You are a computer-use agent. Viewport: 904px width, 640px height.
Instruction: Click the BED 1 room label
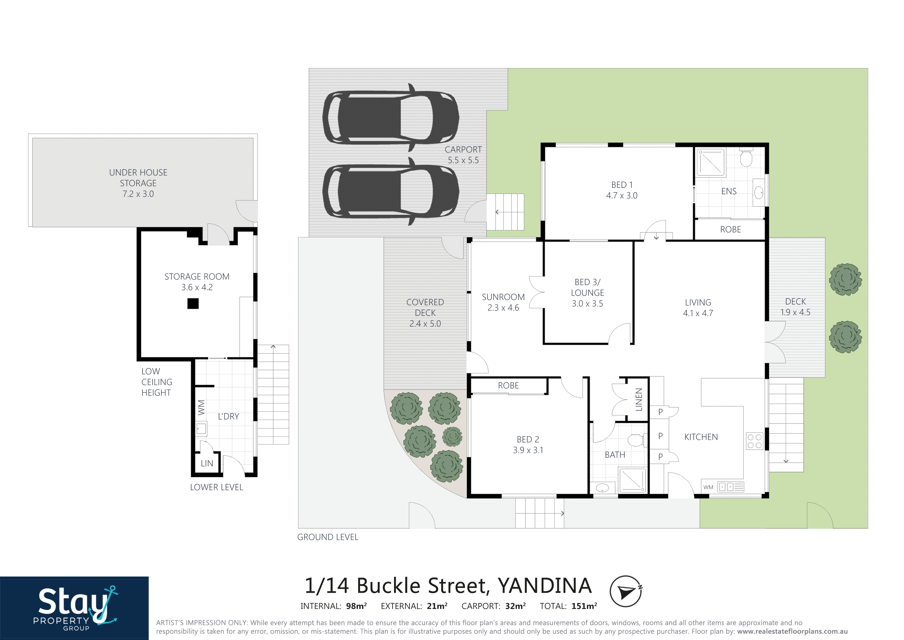click(622, 185)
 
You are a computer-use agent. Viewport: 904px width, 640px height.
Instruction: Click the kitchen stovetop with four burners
click(754, 441)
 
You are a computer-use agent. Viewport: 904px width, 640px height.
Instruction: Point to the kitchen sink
click(730, 487)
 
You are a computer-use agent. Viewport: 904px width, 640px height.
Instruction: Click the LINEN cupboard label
click(639, 400)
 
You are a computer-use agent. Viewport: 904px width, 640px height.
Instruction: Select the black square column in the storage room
click(193, 303)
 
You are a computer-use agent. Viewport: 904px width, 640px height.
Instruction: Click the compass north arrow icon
click(626, 592)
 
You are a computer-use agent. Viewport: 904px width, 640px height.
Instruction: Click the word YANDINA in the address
click(545, 586)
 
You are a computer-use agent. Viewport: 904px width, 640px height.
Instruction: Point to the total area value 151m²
click(584, 606)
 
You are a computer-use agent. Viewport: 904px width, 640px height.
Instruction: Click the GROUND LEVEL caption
click(328, 537)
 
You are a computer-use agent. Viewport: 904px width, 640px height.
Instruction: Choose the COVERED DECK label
click(425, 307)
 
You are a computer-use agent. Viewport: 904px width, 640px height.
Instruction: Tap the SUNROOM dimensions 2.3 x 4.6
click(503, 308)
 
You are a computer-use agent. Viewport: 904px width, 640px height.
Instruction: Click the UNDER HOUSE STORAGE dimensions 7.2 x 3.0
click(138, 194)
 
